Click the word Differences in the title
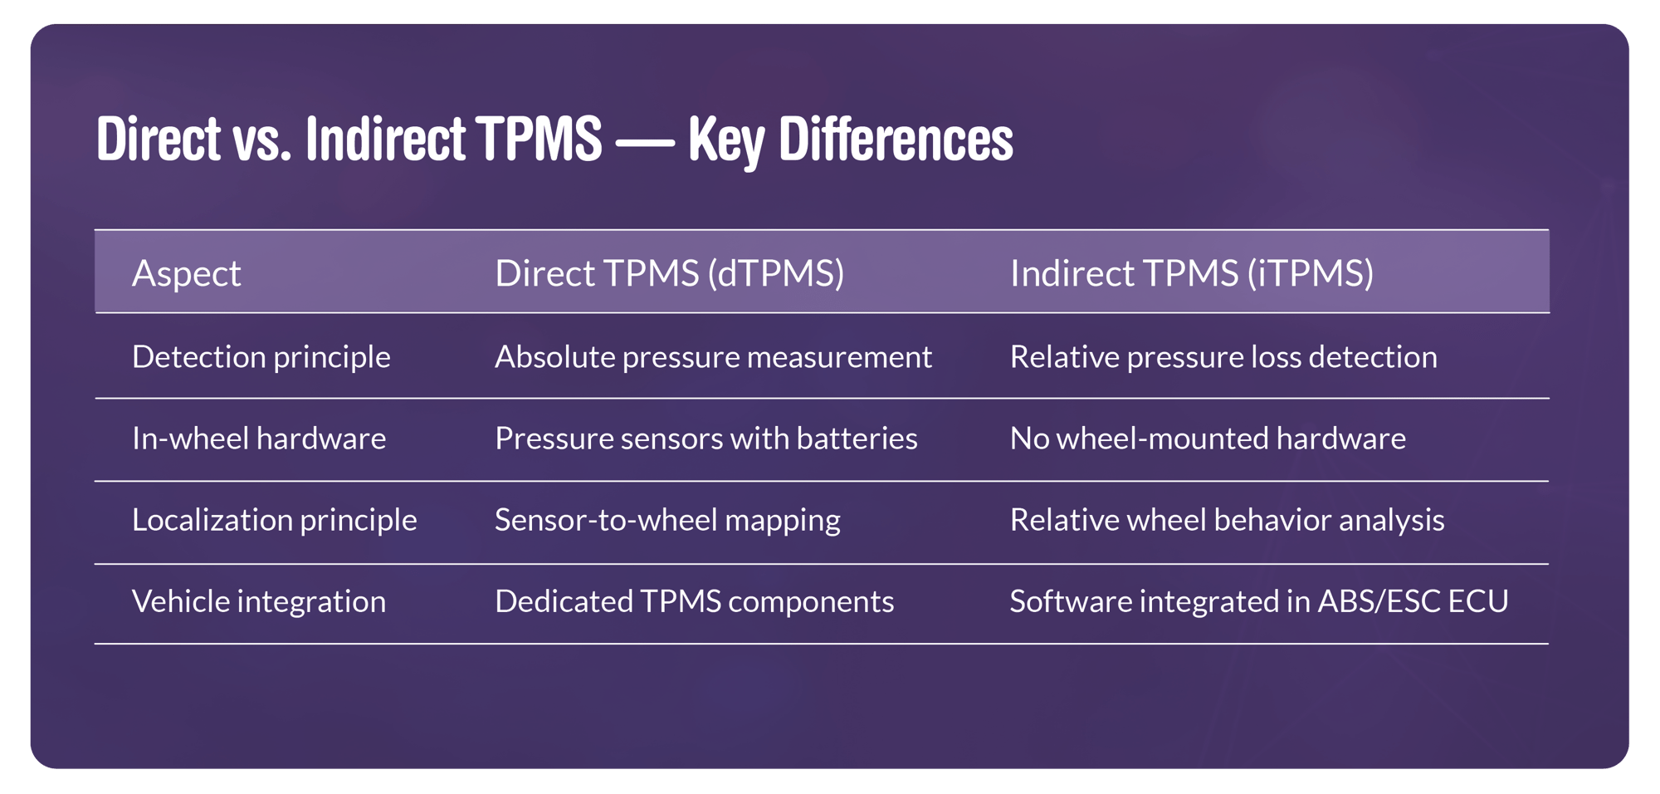896,140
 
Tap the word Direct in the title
159,140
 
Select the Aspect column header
186,273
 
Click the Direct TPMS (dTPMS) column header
669,273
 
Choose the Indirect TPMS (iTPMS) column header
1191,273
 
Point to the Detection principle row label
261,357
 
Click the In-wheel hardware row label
258,439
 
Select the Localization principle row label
274,520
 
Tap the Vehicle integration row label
258,601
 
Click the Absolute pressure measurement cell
713,357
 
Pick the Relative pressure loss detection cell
1223,357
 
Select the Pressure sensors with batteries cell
705,439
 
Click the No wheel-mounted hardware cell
1207,439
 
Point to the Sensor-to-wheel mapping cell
667,520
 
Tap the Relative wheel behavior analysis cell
1227,520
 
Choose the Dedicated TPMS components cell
694,601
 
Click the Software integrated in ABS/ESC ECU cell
1258,601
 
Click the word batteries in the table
857,439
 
